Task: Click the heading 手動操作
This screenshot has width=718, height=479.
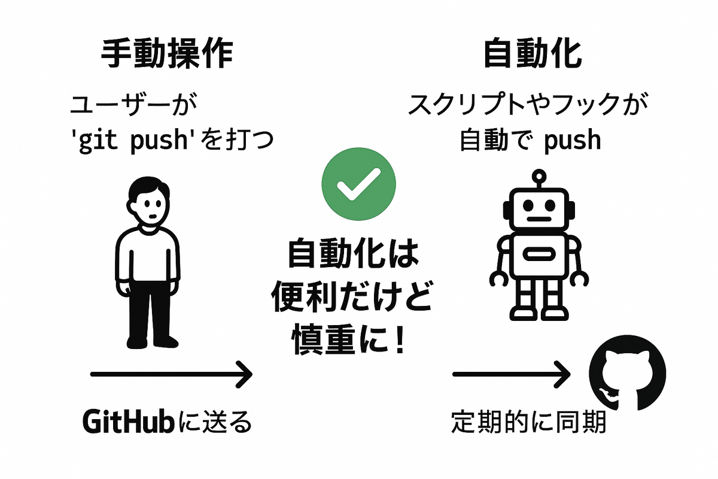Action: pos(167,53)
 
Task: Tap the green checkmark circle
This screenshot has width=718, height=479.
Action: pos(358,184)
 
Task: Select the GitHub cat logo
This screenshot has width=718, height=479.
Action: pos(627,372)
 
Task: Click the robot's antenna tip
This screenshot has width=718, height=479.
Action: pos(539,176)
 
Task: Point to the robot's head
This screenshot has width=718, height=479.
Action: pos(539,209)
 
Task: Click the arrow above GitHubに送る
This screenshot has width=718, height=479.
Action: pos(172,374)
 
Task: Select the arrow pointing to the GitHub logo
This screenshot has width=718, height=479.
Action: pos(511,374)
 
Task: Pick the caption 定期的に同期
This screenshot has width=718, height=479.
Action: pos(528,422)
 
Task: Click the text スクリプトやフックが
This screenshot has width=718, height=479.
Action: pos(528,105)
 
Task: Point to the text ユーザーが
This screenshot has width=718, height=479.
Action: pos(133,105)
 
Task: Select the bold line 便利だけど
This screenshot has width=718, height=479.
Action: pos(352,297)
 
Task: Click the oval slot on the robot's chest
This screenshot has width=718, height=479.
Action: pos(539,254)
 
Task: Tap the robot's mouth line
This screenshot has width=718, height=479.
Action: pos(539,219)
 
